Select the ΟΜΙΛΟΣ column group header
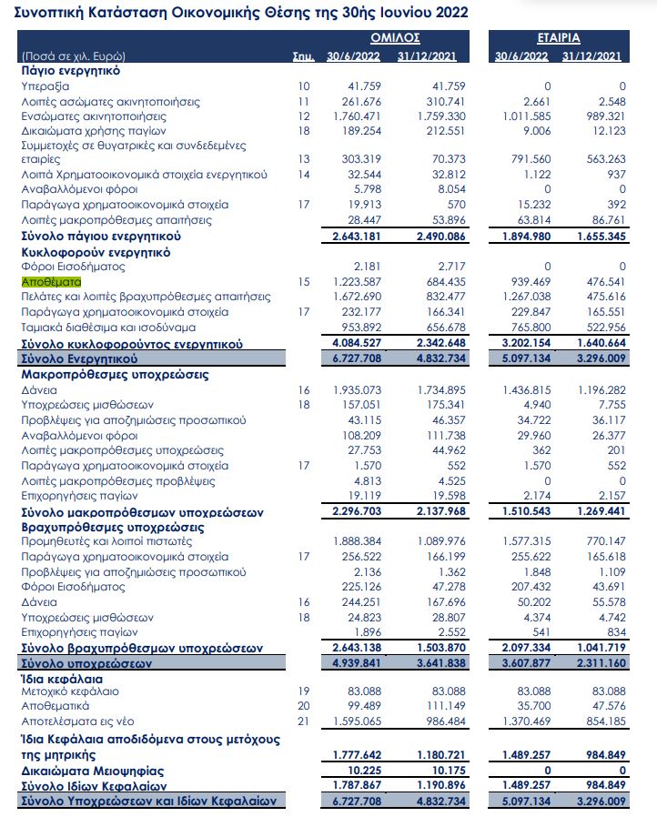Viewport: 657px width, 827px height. [394, 38]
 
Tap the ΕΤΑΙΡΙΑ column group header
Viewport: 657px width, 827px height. [558, 38]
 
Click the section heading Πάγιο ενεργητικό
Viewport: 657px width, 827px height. [71, 70]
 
